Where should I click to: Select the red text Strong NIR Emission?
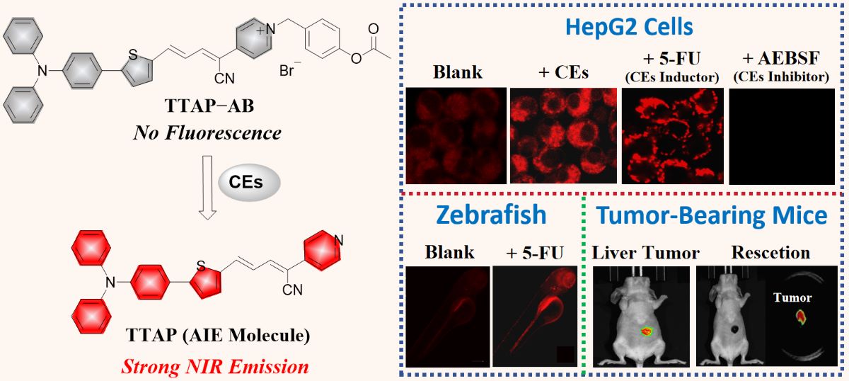[x=215, y=367]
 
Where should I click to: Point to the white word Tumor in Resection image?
[x=792, y=297]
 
